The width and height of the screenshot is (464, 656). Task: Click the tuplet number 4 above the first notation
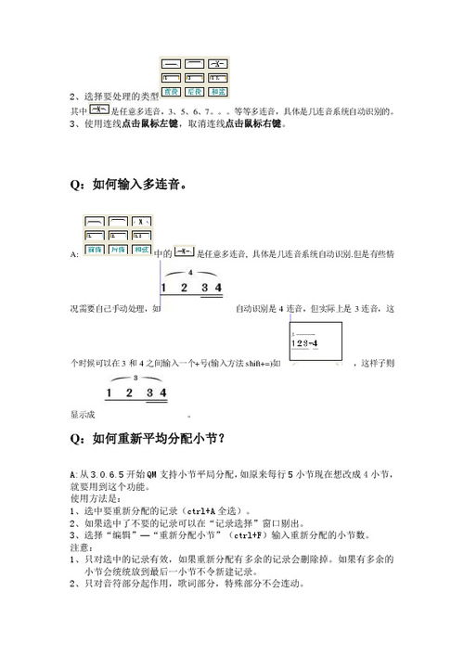tap(191, 272)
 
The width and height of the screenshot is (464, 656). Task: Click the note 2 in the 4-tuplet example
tap(184, 288)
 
